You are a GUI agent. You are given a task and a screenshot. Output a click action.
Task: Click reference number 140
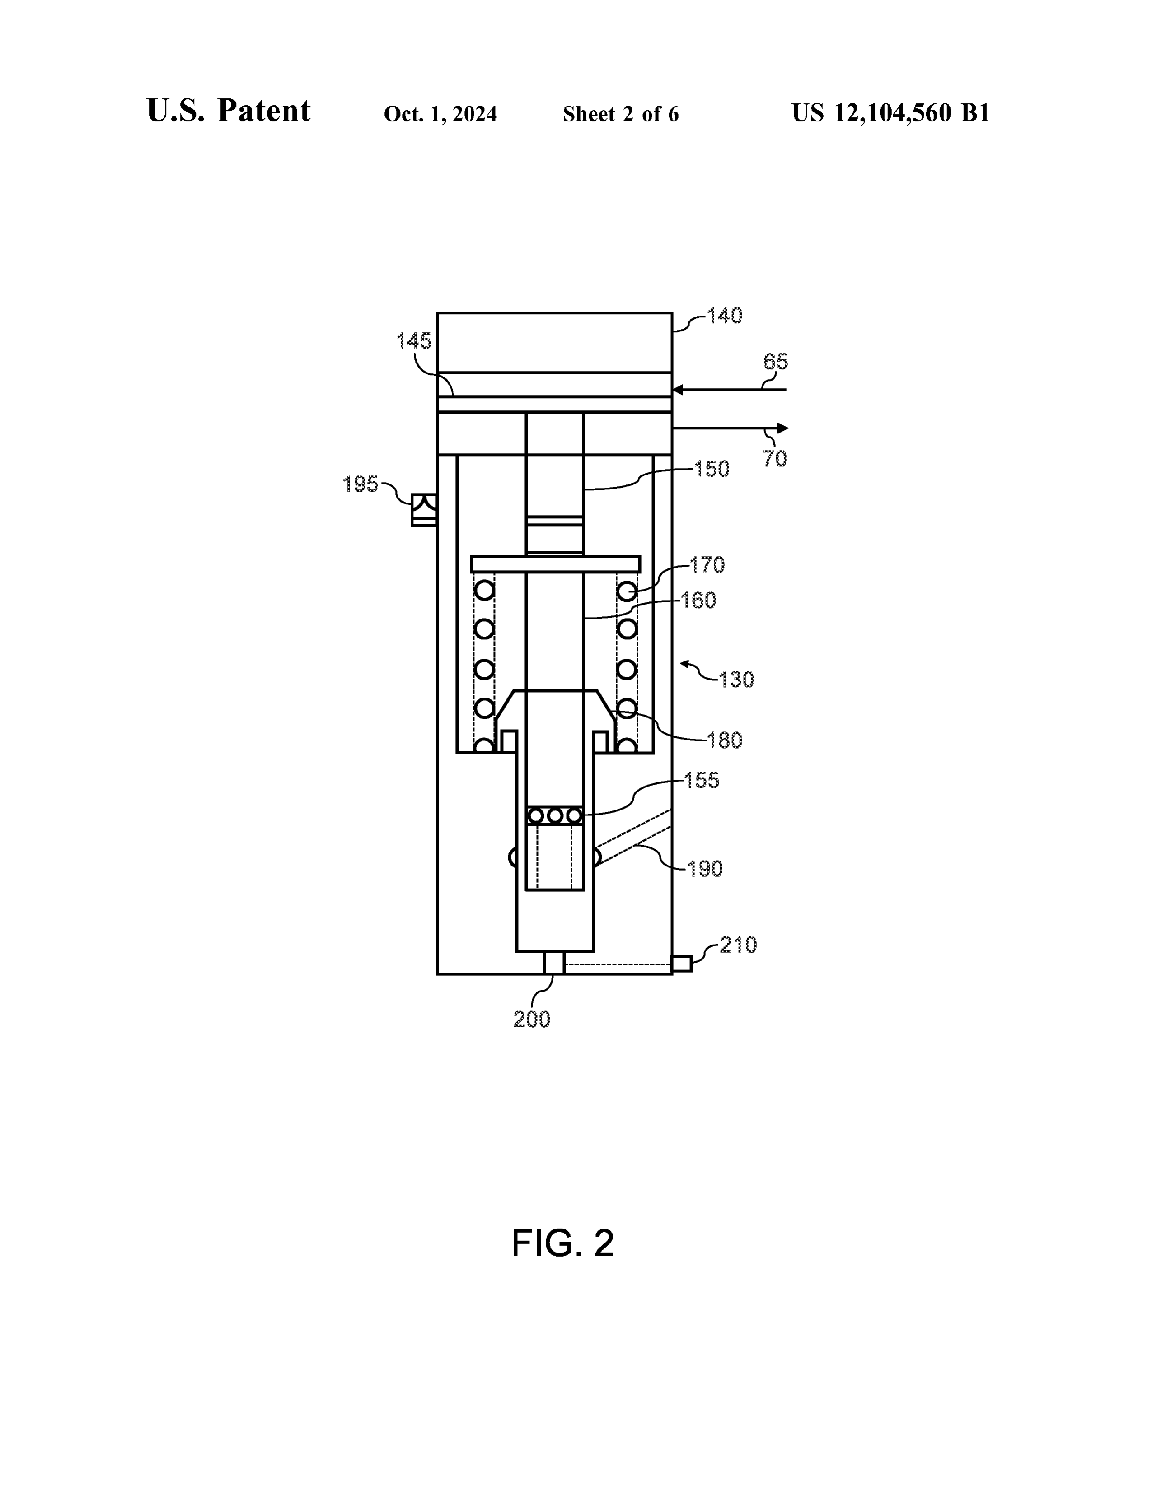725,316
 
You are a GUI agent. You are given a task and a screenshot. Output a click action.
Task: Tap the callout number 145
414,340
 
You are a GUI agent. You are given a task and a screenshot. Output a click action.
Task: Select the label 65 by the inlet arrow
775,362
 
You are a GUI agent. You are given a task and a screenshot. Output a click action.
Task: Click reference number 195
361,484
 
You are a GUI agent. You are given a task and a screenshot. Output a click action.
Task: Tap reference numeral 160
698,601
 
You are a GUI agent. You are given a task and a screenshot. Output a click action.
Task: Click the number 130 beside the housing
736,680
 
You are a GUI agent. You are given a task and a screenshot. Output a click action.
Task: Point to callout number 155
702,781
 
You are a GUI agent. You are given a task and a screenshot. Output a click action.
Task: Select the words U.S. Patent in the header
229,111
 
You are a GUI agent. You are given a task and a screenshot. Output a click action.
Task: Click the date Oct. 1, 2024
440,114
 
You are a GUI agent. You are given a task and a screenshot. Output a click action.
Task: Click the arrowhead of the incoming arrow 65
678,390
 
